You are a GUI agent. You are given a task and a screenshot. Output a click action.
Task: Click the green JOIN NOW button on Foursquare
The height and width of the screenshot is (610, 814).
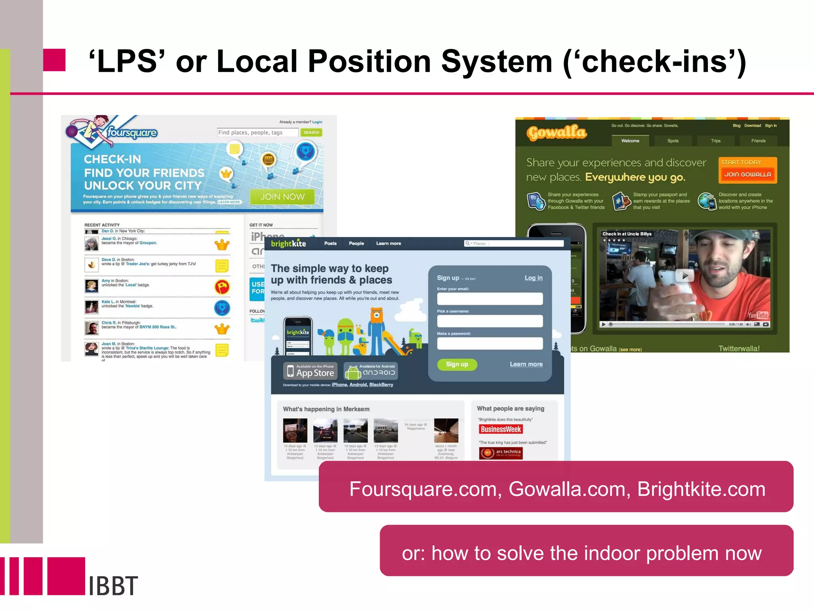pos(282,197)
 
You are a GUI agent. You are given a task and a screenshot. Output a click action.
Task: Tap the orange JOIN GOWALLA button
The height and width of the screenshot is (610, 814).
pos(747,174)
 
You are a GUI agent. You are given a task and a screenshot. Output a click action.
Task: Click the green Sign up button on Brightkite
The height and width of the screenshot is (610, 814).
pos(457,364)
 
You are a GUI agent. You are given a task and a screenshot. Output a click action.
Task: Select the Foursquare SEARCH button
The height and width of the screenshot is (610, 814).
pos(311,133)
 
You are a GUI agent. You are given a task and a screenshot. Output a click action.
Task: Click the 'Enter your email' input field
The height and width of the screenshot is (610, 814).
pos(490,299)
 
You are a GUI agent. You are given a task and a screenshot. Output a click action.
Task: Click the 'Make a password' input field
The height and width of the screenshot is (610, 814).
pos(490,344)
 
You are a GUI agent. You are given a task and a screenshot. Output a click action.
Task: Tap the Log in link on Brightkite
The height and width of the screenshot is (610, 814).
pos(533,278)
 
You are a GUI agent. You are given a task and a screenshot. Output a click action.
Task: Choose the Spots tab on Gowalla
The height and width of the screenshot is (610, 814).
pos(673,141)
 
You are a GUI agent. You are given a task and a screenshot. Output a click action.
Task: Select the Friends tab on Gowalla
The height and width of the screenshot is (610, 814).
pos(758,141)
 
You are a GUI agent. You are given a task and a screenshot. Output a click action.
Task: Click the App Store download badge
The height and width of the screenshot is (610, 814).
pos(310,371)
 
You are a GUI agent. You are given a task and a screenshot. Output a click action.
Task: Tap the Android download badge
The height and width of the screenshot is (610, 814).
pos(371,372)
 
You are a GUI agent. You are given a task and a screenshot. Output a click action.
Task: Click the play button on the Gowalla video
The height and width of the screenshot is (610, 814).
pos(685,275)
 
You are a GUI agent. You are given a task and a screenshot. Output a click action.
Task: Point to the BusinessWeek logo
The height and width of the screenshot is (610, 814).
pos(501,429)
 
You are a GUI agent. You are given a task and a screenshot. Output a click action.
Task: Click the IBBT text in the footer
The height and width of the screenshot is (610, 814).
pos(113,586)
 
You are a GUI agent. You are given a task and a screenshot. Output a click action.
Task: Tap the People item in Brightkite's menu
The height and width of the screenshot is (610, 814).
pos(356,243)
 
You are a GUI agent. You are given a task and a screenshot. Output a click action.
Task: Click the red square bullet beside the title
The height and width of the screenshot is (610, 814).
pos(54,60)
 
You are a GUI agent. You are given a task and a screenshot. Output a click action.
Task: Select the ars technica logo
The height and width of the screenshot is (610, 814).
pos(501,453)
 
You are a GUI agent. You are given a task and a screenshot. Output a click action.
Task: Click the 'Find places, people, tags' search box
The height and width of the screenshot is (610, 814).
pos(258,133)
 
